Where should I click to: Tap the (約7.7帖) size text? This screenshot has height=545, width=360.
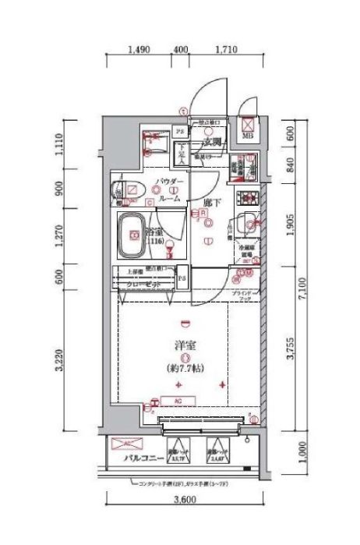point(184,368)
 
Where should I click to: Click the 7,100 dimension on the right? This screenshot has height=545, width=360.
point(312,298)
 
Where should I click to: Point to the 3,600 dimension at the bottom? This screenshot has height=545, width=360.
point(184,500)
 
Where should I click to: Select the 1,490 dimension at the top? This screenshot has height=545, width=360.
point(138,50)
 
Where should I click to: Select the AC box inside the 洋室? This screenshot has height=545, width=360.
point(180,402)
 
